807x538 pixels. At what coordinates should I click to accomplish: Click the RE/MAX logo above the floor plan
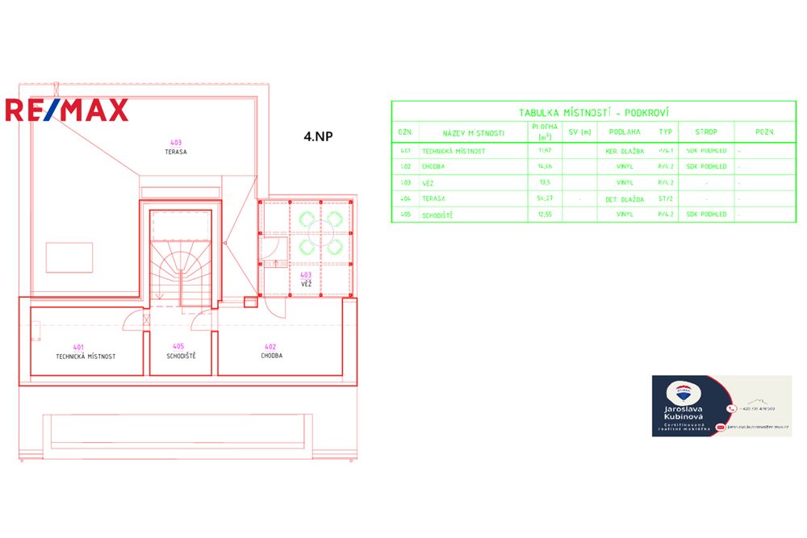67,110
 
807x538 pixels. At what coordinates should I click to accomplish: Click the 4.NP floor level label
318,137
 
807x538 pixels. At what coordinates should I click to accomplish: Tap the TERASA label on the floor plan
176,151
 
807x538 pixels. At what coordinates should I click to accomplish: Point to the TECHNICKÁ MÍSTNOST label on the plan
86,356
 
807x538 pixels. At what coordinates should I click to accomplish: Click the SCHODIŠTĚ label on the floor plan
182,356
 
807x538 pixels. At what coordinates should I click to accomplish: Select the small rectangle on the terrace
69,257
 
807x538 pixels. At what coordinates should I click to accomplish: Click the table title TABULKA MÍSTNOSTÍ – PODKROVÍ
587,114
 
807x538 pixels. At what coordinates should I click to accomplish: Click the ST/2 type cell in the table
665,198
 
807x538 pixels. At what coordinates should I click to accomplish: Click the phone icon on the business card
731,408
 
